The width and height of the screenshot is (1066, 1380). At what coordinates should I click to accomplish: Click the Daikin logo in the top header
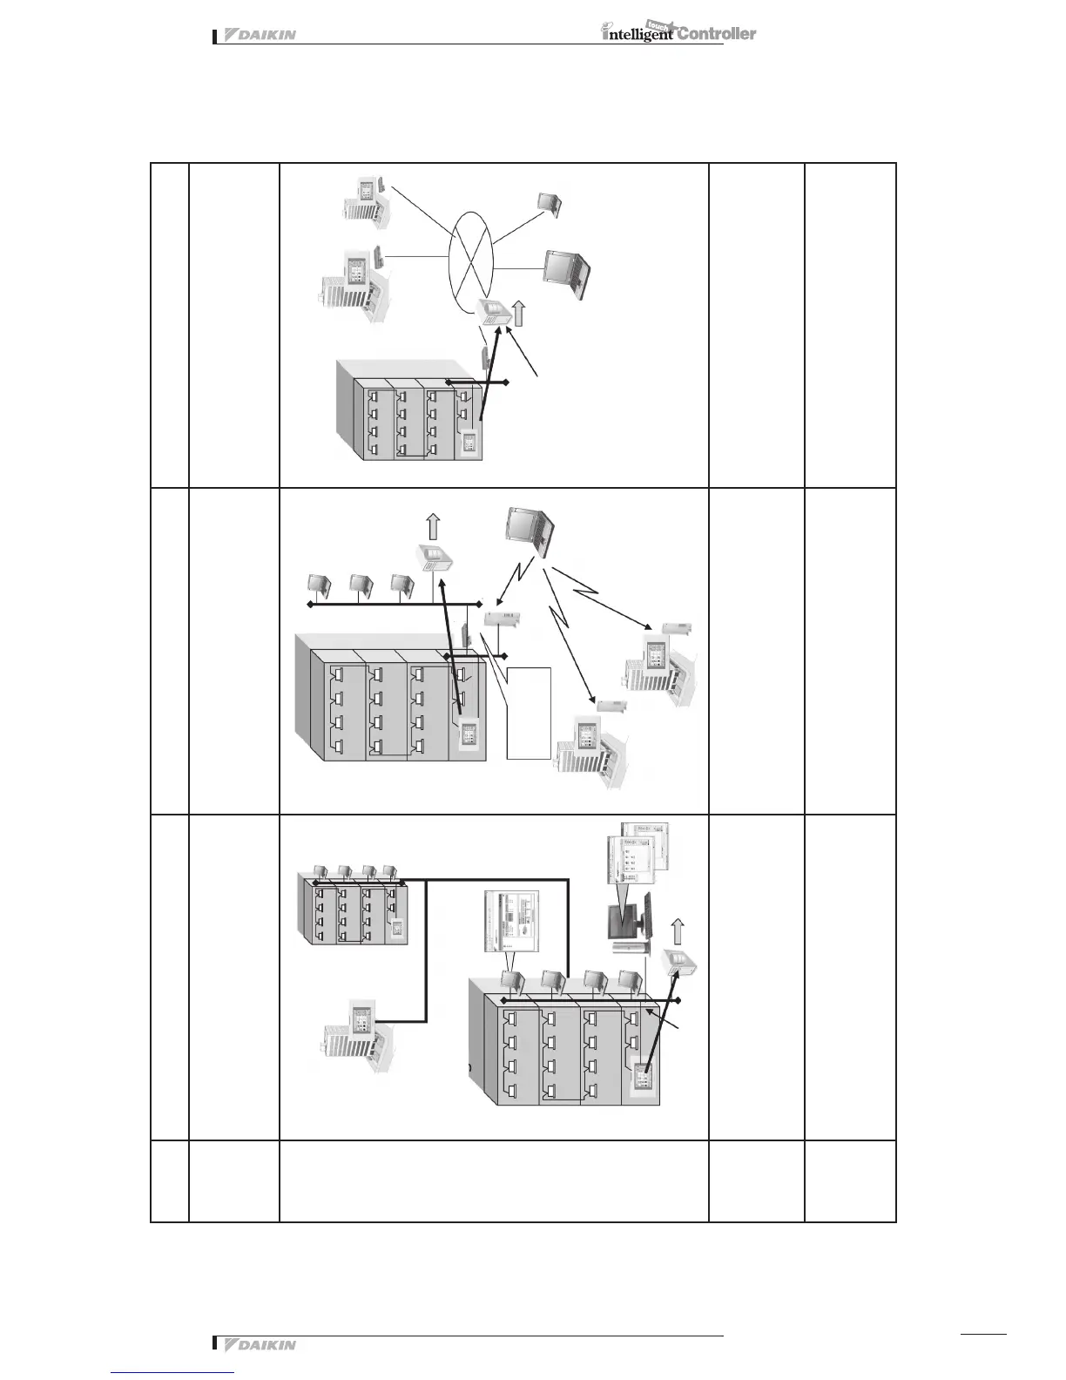point(260,36)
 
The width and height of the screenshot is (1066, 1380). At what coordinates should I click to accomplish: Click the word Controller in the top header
point(717,34)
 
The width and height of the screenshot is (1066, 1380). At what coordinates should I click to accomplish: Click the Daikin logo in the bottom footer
point(260,1344)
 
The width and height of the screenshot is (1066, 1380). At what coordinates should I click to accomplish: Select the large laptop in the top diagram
point(566,274)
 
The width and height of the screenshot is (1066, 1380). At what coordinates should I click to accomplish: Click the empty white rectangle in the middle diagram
point(529,713)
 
